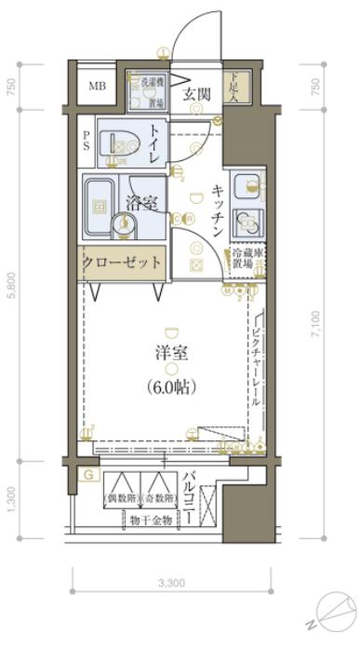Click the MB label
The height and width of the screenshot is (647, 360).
click(x=97, y=88)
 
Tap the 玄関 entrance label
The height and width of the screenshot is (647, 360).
click(x=196, y=93)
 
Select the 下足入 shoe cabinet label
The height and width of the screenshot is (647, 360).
click(x=239, y=87)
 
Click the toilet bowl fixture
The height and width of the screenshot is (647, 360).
click(x=125, y=143)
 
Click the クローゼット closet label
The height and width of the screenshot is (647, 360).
click(x=123, y=263)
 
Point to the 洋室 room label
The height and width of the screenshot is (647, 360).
click(x=170, y=355)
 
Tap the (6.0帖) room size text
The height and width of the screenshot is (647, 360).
click(x=170, y=384)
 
